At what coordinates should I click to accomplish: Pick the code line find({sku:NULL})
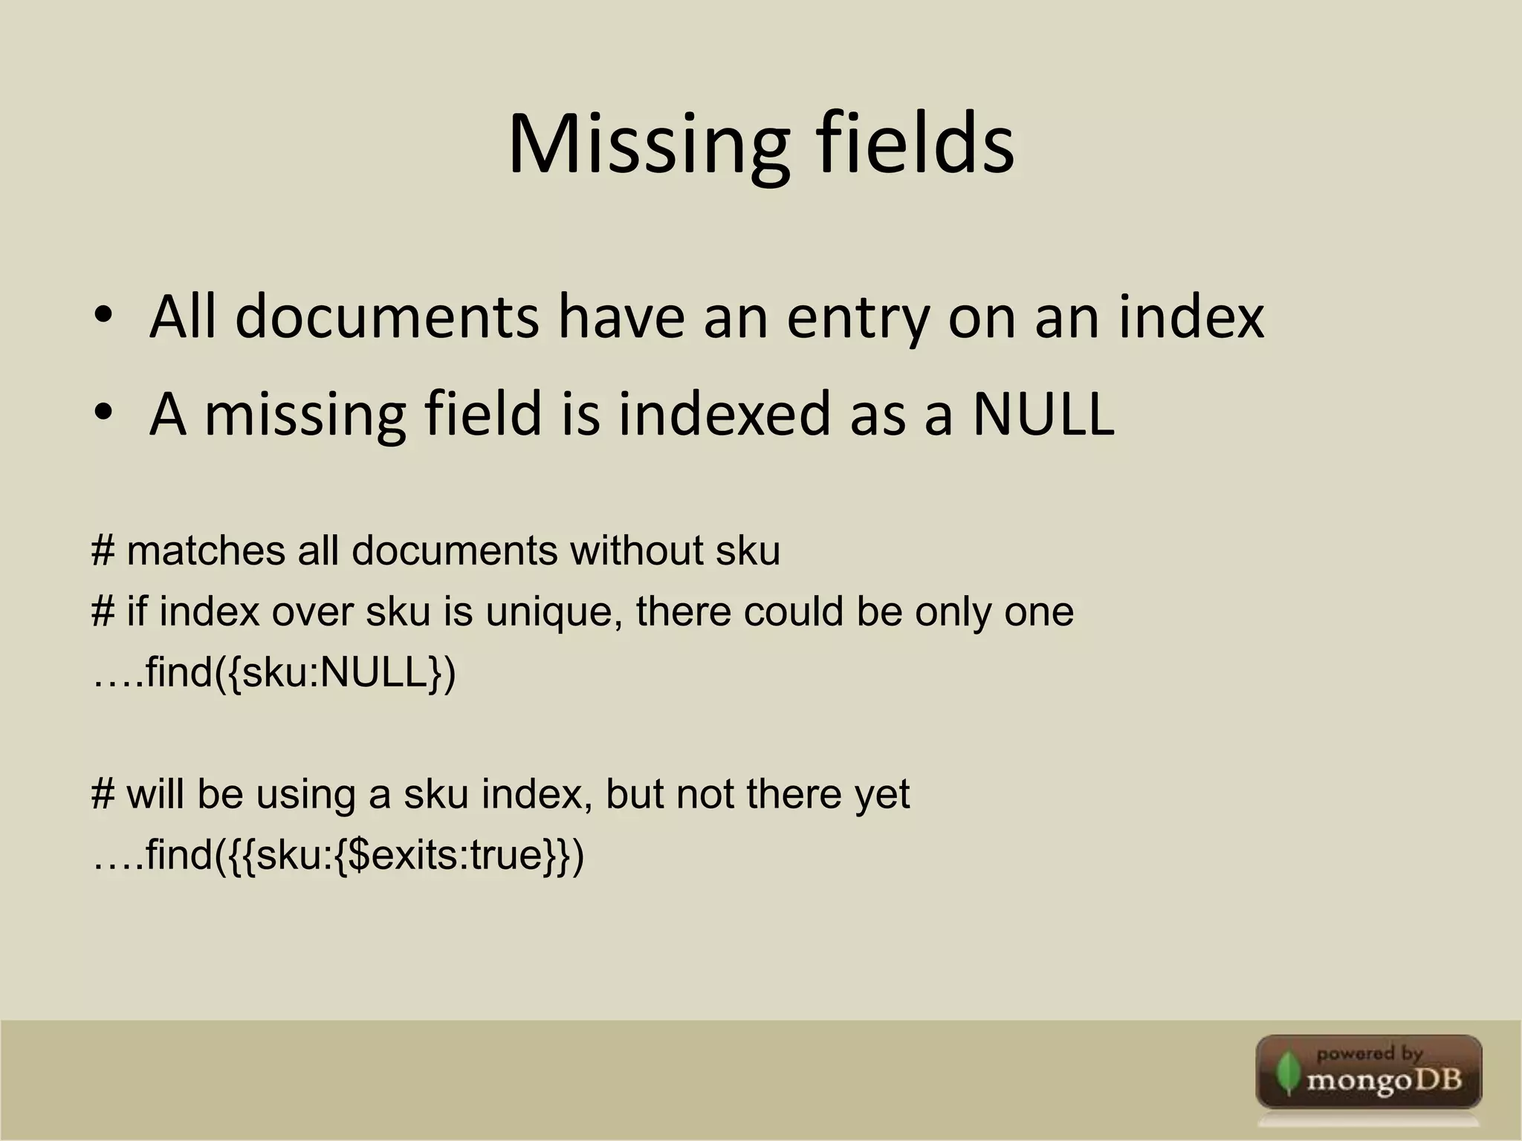point(274,672)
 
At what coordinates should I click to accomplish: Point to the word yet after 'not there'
point(881,794)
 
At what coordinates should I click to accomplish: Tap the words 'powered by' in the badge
point(1369,1053)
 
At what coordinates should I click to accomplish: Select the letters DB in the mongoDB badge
point(1437,1079)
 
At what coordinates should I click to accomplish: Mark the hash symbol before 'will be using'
point(103,794)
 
